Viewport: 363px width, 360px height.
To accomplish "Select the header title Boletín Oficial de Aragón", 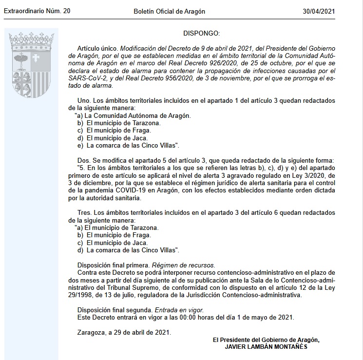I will [169, 11].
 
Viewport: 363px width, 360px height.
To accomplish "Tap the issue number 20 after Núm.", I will [66, 11].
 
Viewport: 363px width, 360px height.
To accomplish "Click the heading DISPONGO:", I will [202, 33].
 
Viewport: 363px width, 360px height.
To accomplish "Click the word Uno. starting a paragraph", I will [85, 101].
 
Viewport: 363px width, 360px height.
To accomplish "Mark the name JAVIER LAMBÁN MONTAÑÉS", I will [266, 346].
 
